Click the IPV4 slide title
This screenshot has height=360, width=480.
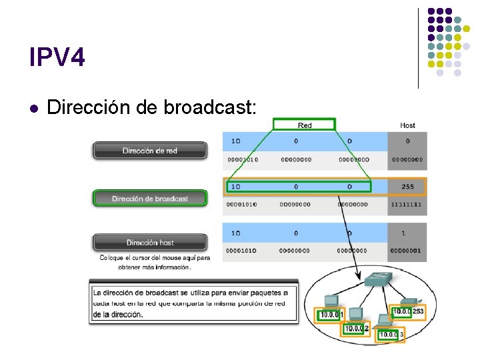[57, 58]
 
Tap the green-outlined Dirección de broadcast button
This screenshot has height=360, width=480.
[150, 198]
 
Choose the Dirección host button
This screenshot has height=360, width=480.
[150, 243]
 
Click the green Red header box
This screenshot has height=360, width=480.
[305, 125]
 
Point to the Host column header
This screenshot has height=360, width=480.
[407, 125]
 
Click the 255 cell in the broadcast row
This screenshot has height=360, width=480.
[407, 187]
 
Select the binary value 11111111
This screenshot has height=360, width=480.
[407, 205]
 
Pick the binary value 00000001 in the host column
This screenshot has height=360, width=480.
[407, 251]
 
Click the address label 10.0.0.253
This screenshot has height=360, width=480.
[408, 311]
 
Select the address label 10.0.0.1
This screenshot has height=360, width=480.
[331, 315]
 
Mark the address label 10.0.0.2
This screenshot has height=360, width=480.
[357, 328]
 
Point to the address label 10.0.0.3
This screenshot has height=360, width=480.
[391, 334]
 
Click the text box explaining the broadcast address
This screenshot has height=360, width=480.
[193, 303]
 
